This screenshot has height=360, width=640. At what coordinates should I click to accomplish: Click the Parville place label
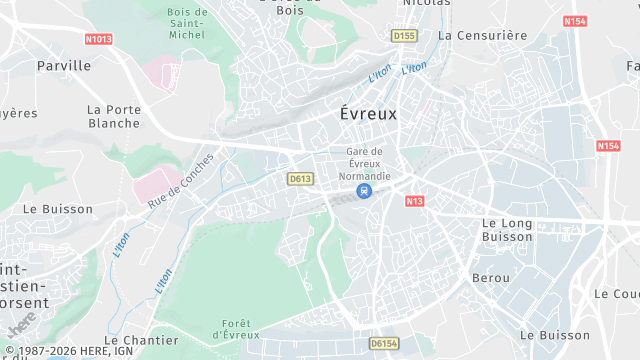63,65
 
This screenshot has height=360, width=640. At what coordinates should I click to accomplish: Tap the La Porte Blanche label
113,116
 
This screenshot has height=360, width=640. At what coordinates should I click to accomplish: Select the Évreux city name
368,114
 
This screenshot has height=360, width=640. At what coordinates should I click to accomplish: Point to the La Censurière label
482,35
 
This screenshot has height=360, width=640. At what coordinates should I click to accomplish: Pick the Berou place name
490,277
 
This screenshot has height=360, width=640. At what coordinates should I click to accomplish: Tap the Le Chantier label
141,341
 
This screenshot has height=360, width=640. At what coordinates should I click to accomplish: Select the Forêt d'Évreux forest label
237,329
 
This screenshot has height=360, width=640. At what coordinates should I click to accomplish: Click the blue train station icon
365,191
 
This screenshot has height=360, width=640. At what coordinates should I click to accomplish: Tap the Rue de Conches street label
181,181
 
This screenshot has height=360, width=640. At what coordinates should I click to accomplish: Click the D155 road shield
403,36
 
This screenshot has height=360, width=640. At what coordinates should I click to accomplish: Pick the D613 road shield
299,179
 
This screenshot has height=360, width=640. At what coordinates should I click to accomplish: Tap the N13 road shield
414,201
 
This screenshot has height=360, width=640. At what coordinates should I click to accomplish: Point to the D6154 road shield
383,343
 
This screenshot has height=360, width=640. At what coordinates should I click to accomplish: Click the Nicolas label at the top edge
426,3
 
